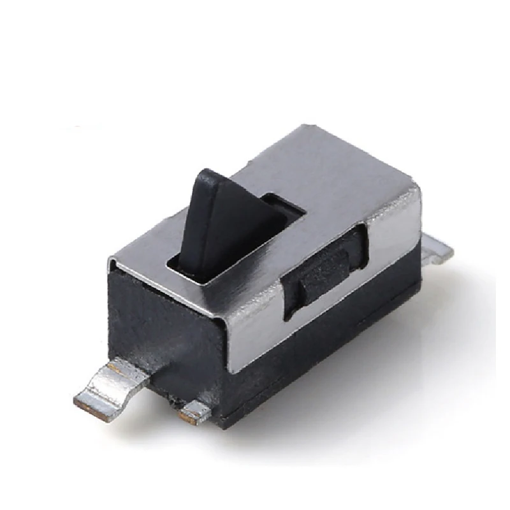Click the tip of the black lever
207,175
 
